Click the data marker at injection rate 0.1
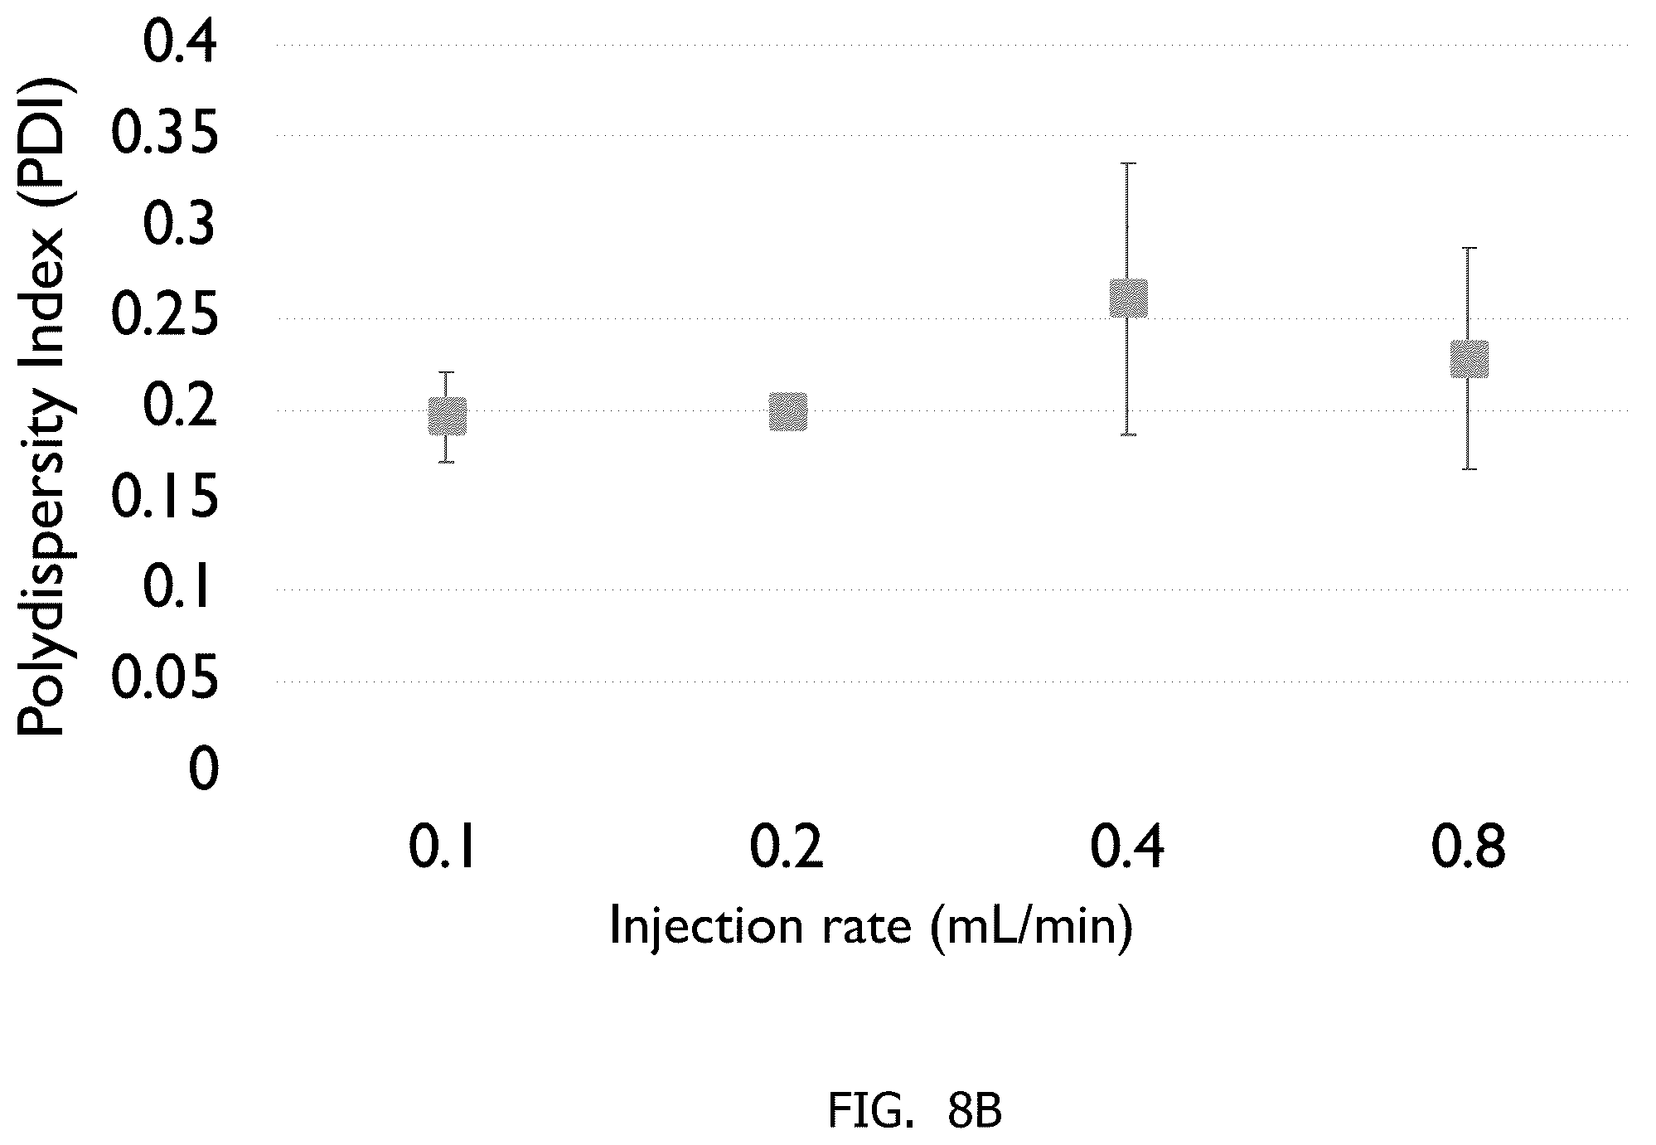447,416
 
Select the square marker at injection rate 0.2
787,412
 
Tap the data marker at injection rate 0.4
1128,298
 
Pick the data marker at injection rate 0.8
1469,359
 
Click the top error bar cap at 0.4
1128,163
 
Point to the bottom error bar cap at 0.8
1469,469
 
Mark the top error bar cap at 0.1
447,372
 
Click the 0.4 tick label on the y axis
180,44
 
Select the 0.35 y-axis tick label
165,135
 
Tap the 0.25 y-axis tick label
165,318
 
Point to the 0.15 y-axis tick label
165,499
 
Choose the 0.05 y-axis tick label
165,681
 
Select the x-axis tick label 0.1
442,847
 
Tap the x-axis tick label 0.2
787,847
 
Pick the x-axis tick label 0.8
1469,847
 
